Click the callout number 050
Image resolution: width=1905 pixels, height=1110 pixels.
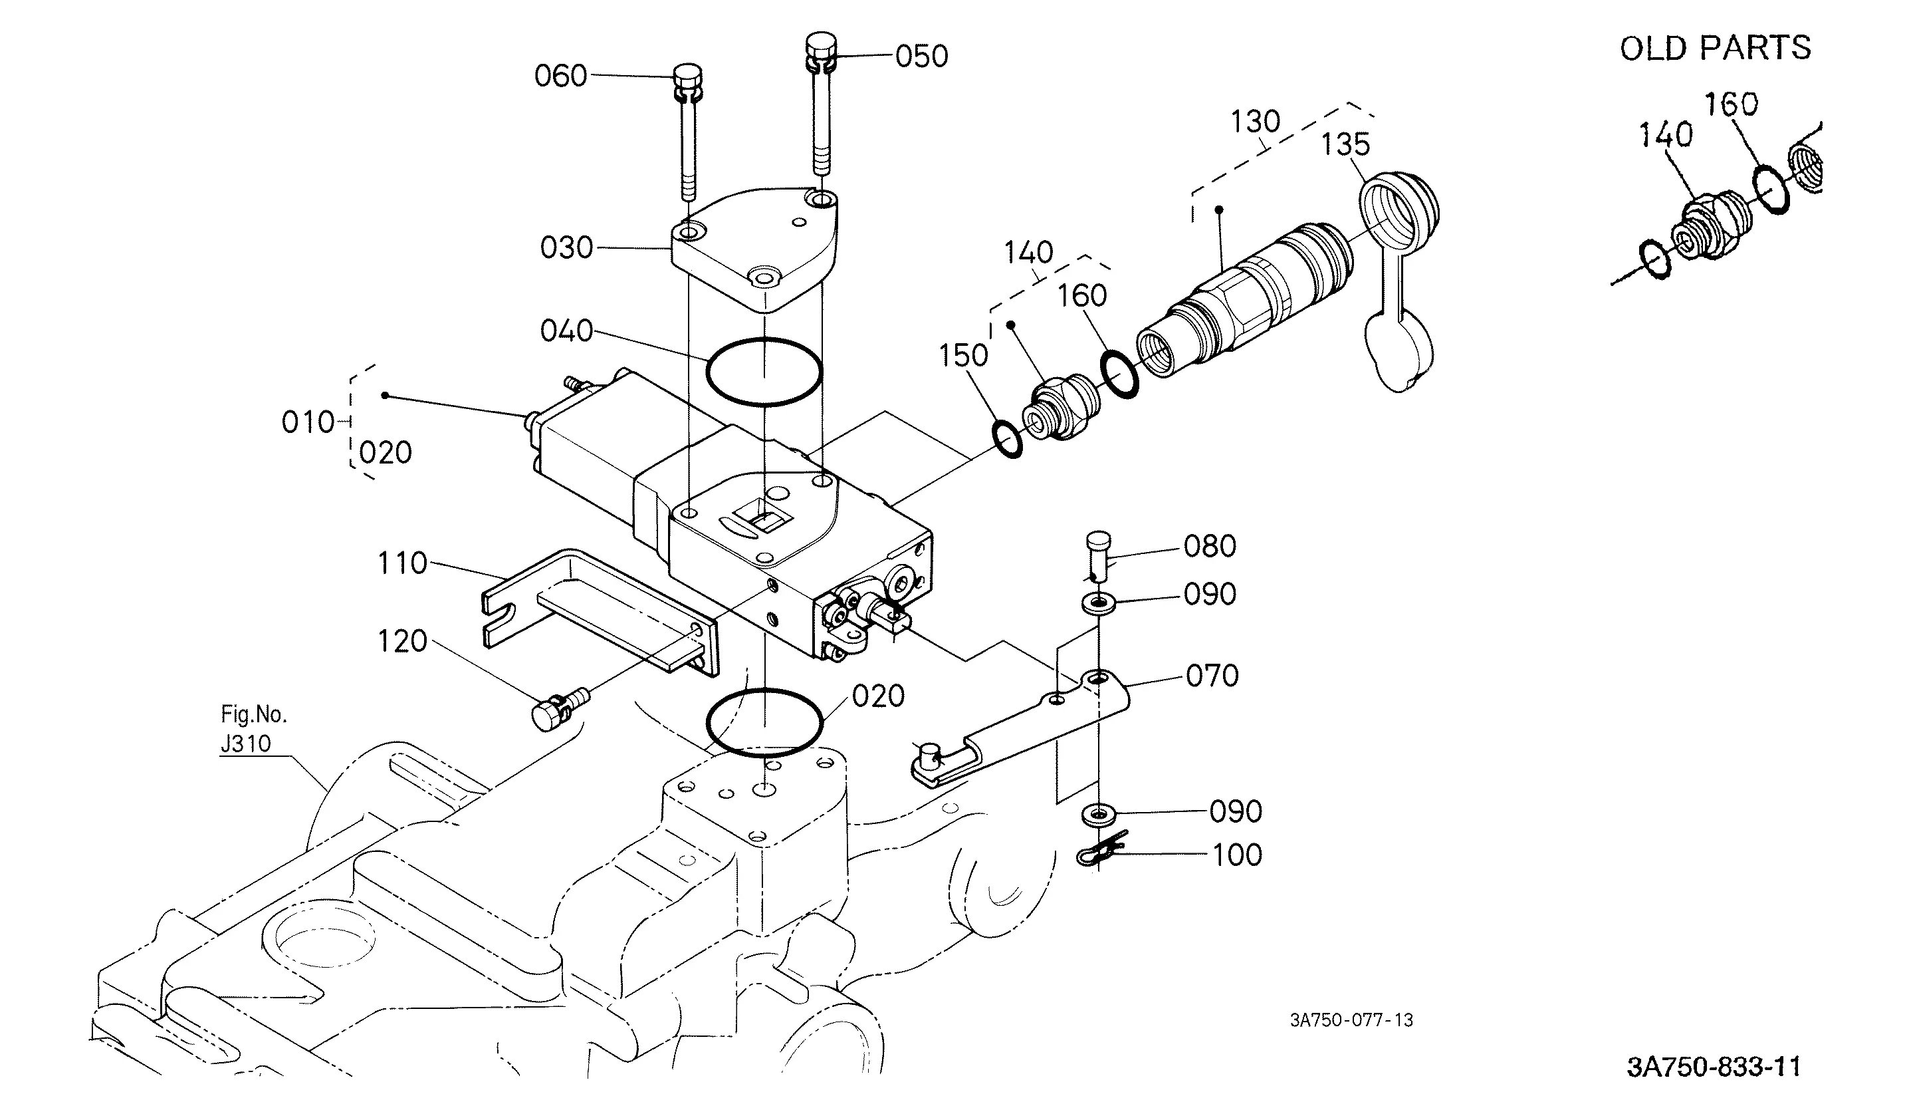click(x=921, y=57)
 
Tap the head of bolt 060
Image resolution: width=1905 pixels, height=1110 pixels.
click(x=687, y=78)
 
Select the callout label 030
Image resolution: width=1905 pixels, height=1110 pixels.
click(x=566, y=248)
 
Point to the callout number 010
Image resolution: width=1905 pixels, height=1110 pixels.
click(x=308, y=422)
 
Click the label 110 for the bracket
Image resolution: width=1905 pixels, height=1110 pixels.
click(x=402, y=563)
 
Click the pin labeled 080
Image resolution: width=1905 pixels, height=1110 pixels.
click(x=1098, y=557)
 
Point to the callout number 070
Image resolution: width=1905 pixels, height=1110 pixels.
click(x=1212, y=676)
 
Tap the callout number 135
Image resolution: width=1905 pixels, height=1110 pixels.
click(x=1345, y=144)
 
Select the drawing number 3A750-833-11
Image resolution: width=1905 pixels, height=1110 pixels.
click(x=1714, y=1067)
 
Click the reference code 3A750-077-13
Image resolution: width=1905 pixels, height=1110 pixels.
click(x=1351, y=1020)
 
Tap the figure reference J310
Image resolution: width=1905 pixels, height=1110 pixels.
click(x=246, y=744)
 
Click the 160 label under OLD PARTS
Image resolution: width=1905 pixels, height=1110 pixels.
click(x=1731, y=104)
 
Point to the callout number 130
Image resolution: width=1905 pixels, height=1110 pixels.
click(x=1256, y=122)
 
